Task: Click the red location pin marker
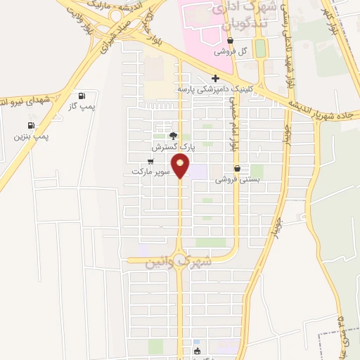click(x=181, y=167)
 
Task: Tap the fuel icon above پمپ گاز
click(x=83, y=96)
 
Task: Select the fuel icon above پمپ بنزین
click(x=31, y=126)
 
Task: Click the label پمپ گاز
click(x=82, y=105)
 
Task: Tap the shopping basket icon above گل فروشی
click(x=231, y=41)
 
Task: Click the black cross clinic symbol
click(x=215, y=78)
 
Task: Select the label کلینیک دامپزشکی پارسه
click(x=215, y=89)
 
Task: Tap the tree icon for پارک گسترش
click(x=174, y=136)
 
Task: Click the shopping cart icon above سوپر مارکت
click(x=150, y=161)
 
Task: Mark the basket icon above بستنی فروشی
click(x=237, y=169)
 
